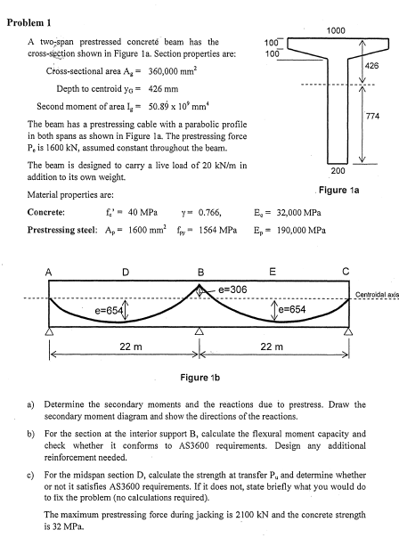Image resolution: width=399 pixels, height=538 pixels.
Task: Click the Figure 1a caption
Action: tap(344, 190)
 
